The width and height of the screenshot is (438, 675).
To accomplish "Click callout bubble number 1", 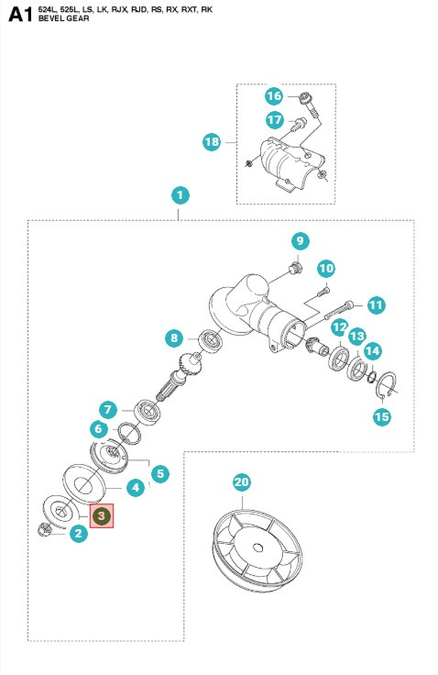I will point(181,195).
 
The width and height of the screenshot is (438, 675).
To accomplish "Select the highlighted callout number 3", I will point(103,516).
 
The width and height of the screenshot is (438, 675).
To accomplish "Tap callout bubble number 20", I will point(241,481).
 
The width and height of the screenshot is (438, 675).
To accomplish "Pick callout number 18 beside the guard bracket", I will point(212,141).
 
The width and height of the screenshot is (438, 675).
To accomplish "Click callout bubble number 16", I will point(273,96).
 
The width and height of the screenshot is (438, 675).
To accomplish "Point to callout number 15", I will point(381,415).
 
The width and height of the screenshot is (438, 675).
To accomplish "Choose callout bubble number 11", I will point(376,304).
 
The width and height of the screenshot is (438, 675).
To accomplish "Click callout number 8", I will point(175,338).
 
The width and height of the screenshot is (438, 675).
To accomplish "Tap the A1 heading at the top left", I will point(19,16).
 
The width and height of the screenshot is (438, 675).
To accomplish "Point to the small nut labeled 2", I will point(47,529).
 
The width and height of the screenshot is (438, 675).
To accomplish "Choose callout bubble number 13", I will point(356,337).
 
